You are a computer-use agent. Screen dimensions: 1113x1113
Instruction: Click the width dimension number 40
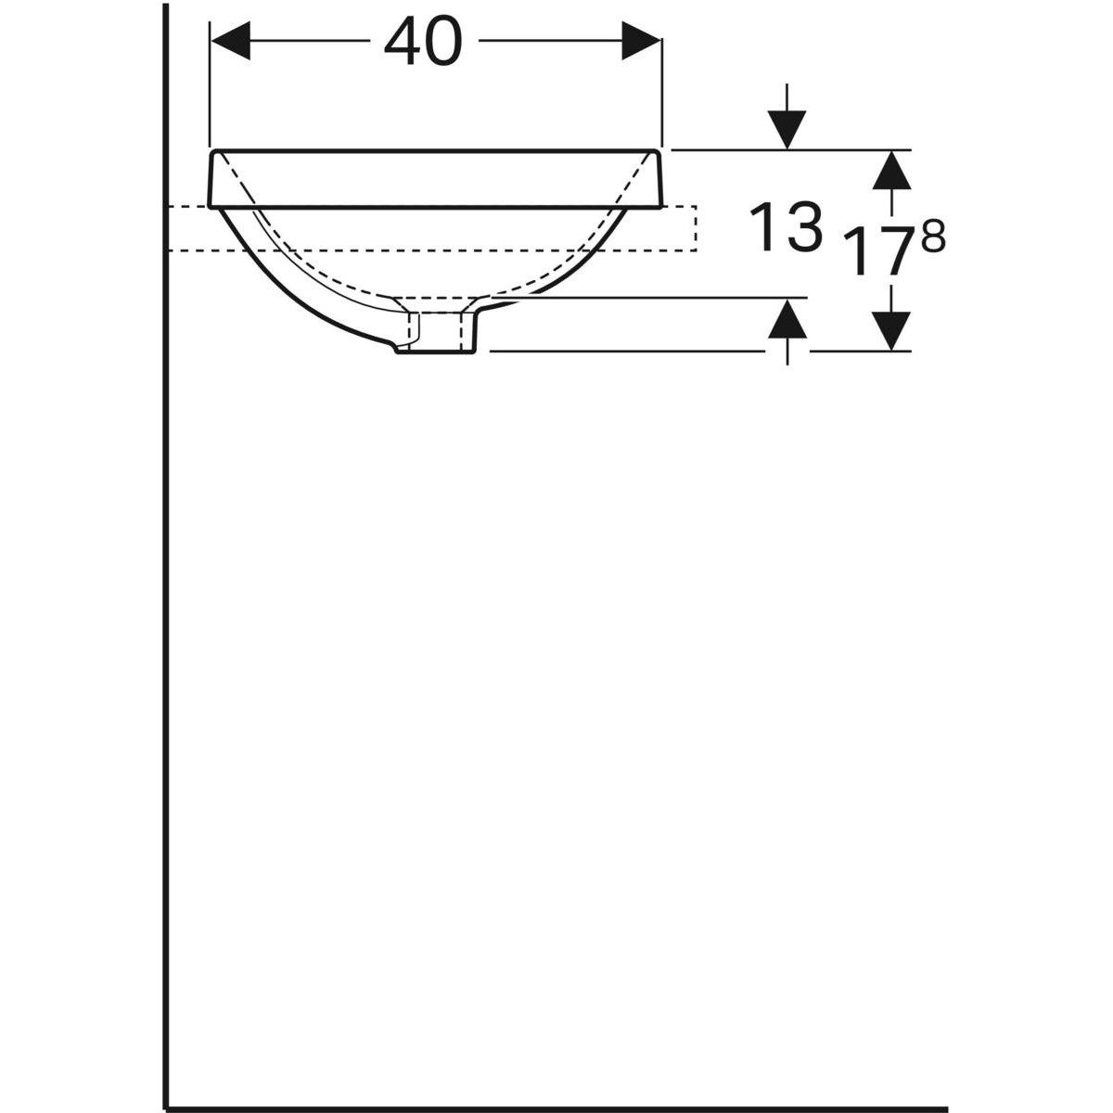coord(422,42)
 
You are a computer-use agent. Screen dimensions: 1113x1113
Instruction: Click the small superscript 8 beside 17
coord(934,239)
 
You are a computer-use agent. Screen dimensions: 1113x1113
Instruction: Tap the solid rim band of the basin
coord(436,177)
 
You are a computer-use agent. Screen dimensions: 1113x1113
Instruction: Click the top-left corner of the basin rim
coord(214,150)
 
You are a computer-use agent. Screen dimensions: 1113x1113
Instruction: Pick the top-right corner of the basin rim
coord(659,150)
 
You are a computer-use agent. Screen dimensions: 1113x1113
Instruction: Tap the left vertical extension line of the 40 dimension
coord(212,83)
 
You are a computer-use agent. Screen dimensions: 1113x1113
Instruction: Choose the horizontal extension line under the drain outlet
coord(631,352)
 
